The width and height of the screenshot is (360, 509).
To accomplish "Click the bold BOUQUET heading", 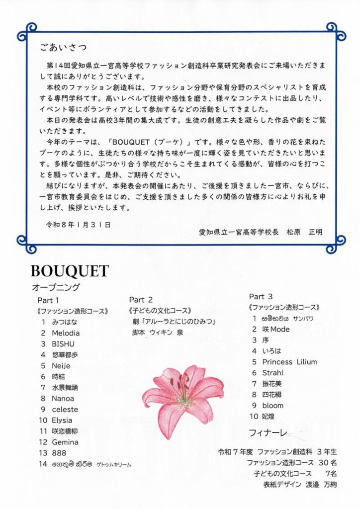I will [70, 271].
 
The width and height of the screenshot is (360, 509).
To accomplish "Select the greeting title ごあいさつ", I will [63, 48].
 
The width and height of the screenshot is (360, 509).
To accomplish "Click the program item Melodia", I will [66, 333].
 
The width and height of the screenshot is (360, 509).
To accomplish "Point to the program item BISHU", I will [63, 344].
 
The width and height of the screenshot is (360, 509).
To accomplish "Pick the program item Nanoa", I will [63, 399].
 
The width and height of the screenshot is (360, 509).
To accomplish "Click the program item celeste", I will [65, 410].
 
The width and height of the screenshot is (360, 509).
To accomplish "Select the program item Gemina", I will [65, 442].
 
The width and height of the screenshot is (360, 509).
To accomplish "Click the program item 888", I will [58, 453].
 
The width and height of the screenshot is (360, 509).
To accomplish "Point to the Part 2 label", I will [141, 300].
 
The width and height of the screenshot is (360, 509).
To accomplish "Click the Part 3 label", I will [261, 297].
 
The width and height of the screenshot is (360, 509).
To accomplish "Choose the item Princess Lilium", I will [289, 362].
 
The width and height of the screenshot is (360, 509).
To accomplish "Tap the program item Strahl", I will [273, 373].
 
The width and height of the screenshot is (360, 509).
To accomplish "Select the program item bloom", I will [273, 406].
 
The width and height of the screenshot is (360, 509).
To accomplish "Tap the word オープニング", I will [56, 287].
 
